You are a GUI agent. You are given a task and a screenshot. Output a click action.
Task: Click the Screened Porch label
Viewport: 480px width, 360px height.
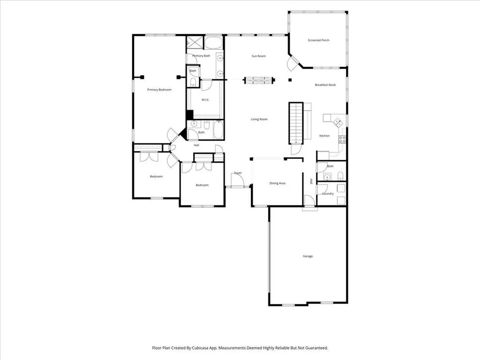pyautogui.click(x=318, y=40)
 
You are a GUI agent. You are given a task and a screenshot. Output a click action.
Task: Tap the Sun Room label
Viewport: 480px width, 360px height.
pyautogui.click(x=259, y=56)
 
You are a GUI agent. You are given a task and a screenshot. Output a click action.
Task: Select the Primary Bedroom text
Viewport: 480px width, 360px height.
pyautogui.click(x=159, y=90)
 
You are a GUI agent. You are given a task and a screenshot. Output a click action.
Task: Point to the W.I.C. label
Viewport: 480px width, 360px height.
pyautogui.click(x=205, y=100)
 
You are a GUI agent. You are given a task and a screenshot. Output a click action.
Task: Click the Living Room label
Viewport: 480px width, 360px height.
pyautogui.click(x=259, y=119)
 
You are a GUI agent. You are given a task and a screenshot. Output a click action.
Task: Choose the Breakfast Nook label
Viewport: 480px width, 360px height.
pyautogui.click(x=325, y=85)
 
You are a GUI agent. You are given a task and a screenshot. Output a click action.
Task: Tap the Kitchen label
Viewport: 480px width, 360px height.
pyautogui.click(x=324, y=135)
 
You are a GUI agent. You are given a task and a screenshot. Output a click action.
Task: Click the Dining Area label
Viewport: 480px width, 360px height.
pyautogui.click(x=277, y=183)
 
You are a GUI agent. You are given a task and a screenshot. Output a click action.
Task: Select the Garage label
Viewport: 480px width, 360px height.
pyautogui.click(x=307, y=256)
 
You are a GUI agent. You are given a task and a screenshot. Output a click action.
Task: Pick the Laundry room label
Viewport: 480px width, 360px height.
pyautogui.click(x=328, y=194)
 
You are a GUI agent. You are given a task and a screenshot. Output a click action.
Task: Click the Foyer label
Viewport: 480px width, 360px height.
pyautogui.click(x=238, y=173)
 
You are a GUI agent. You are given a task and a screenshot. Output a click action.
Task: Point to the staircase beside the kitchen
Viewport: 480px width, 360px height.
pyautogui.click(x=296, y=123)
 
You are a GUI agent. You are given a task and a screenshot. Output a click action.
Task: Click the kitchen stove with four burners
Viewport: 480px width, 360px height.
pyautogui.click(x=342, y=140)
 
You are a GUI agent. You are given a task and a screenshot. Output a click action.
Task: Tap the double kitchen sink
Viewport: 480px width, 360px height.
pyautogui.click(x=338, y=122)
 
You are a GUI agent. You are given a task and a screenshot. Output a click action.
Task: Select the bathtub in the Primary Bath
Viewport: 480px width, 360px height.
pyautogui.click(x=213, y=43)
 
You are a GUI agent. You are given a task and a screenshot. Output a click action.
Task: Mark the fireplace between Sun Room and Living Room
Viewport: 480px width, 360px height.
pyautogui.click(x=259, y=81)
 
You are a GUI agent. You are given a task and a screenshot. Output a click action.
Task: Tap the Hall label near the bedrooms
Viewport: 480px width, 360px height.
pyautogui.click(x=196, y=145)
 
